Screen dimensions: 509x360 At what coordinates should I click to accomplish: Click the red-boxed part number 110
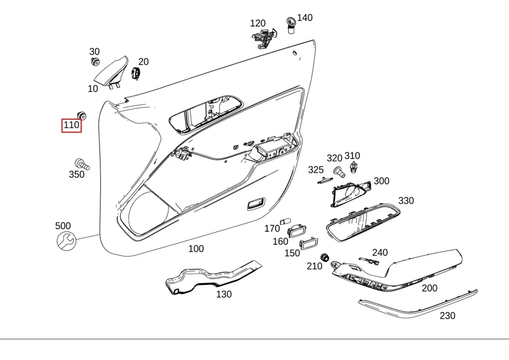(71, 125)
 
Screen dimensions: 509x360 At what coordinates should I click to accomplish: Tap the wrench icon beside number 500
(66, 241)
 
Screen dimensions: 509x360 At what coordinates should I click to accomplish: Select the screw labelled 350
(82, 164)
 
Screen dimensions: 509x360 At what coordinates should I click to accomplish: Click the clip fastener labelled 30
(95, 61)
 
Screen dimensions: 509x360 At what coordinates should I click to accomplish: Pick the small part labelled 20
(136, 73)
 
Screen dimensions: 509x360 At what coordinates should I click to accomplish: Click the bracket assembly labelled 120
(264, 38)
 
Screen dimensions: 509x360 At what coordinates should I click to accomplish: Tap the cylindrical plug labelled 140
(291, 25)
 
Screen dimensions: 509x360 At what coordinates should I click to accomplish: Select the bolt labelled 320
(339, 172)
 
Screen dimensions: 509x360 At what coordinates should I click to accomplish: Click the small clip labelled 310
(354, 167)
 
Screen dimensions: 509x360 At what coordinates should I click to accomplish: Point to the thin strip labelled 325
(325, 180)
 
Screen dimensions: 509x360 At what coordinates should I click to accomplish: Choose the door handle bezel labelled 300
(351, 192)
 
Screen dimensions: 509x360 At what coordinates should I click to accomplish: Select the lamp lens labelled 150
(308, 243)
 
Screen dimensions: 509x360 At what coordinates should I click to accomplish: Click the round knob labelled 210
(324, 258)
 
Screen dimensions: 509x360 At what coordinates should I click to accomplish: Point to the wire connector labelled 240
(369, 261)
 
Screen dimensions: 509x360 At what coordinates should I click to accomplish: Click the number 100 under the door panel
(196, 249)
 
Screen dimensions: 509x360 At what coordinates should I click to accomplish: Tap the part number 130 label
(224, 294)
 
